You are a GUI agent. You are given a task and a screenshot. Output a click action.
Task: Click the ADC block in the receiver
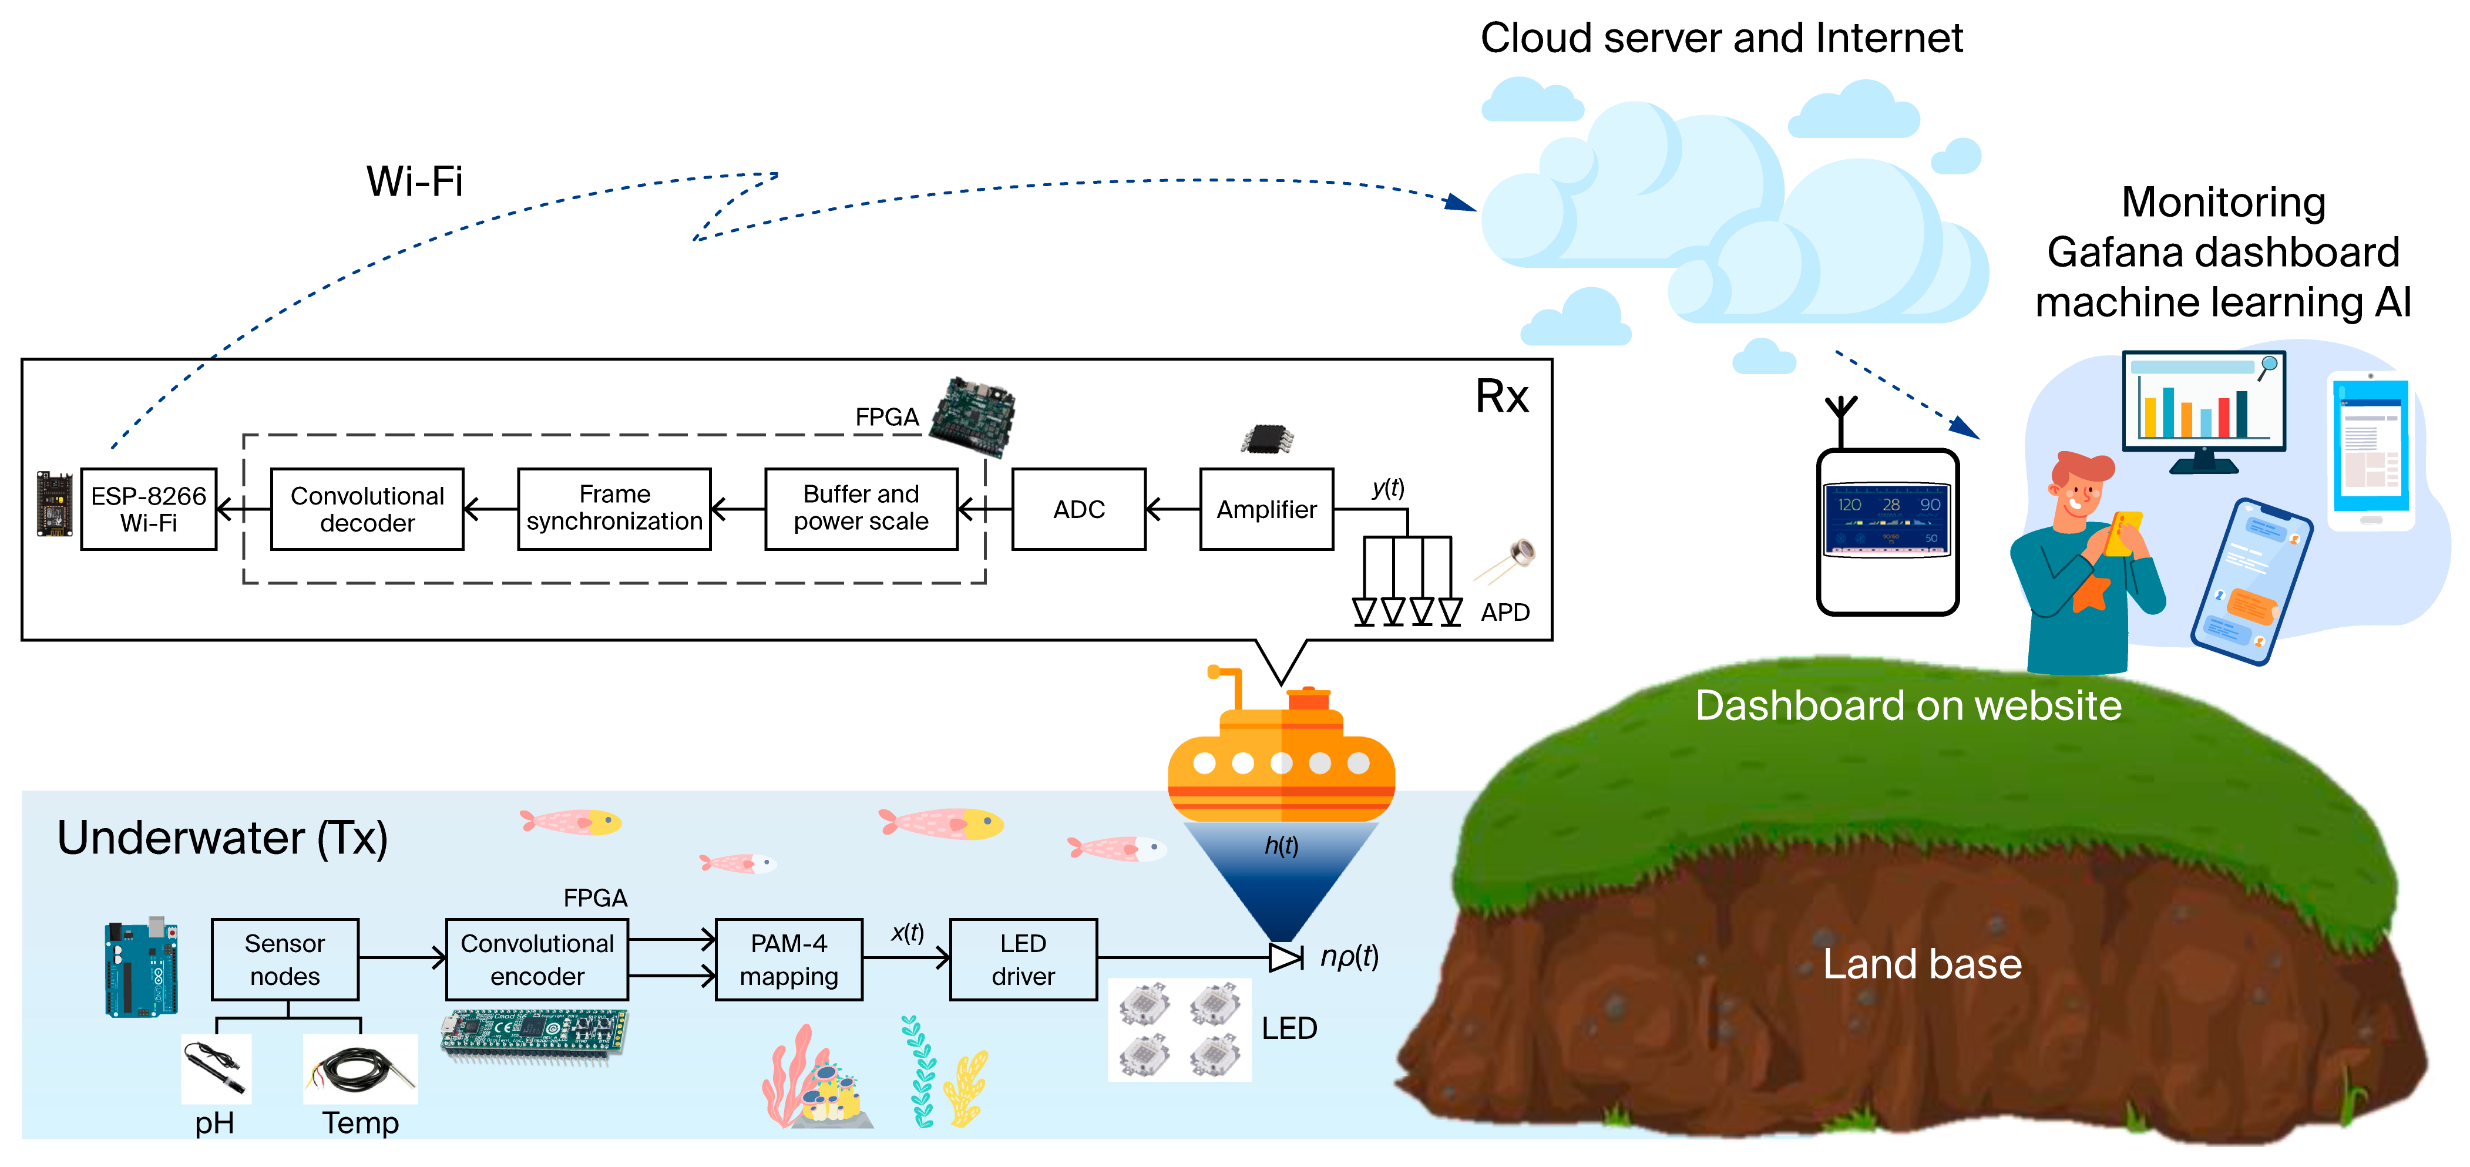(x=1078, y=509)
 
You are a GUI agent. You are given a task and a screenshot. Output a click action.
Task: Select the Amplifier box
(x=1266, y=509)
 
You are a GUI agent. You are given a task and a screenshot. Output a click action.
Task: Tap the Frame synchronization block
(x=614, y=509)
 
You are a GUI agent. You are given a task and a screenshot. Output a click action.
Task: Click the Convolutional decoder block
(x=367, y=509)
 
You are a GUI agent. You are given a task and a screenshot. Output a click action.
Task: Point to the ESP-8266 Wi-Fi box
(x=149, y=509)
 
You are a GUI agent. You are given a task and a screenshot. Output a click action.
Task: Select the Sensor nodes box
(x=285, y=960)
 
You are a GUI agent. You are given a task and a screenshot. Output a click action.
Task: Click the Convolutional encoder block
(x=537, y=960)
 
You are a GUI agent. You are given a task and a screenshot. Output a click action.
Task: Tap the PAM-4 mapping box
(x=788, y=960)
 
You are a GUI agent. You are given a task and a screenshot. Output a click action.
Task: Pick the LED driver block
(x=1023, y=960)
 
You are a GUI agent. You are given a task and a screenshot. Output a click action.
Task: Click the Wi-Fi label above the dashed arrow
(x=414, y=181)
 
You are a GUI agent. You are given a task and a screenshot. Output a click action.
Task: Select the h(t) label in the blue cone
(x=1281, y=846)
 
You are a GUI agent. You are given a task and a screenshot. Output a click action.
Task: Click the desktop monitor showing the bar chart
(x=2203, y=408)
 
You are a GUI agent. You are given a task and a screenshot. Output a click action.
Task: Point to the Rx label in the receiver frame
(x=1501, y=396)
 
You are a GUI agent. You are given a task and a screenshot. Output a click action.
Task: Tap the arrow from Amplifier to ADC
(x=1172, y=509)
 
